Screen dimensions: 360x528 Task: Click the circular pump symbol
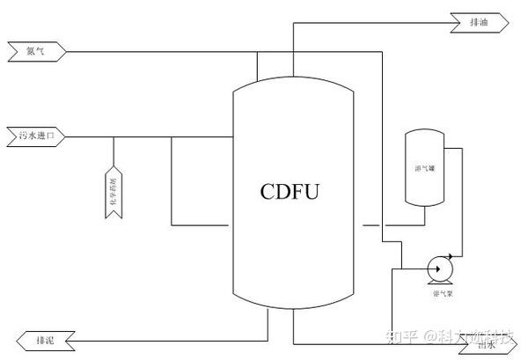click(436, 267)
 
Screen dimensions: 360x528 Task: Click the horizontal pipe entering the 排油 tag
click(370, 20)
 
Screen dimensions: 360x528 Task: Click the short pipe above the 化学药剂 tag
click(112, 150)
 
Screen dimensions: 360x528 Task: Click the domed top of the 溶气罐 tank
click(424, 134)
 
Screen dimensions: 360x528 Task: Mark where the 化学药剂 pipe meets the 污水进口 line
click(112, 136)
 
